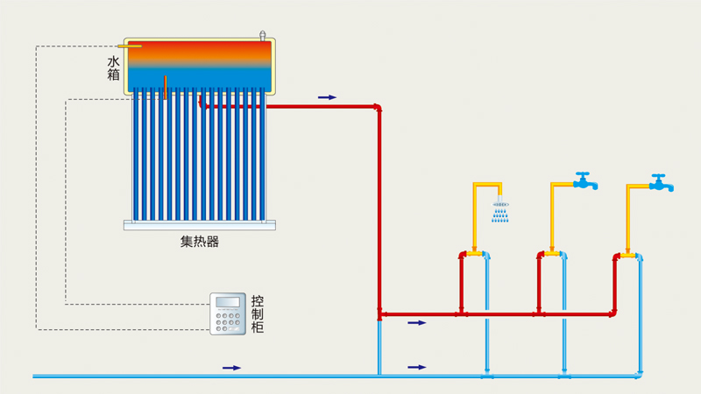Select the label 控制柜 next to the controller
point(257,313)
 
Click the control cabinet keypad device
point(227,313)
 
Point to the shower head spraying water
point(500,208)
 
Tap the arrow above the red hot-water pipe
point(326,97)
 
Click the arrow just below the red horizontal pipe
point(417,323)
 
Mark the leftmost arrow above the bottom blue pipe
point(231,368)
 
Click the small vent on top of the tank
point(261,35)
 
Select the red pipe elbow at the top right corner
point(379,108)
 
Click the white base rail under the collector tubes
point(201,225)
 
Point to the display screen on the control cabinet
point(227,302)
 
